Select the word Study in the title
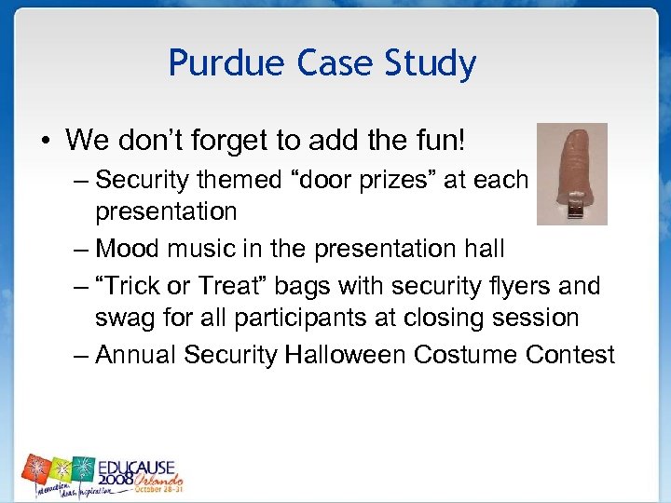point(433,64)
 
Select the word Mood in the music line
point(126,249)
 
